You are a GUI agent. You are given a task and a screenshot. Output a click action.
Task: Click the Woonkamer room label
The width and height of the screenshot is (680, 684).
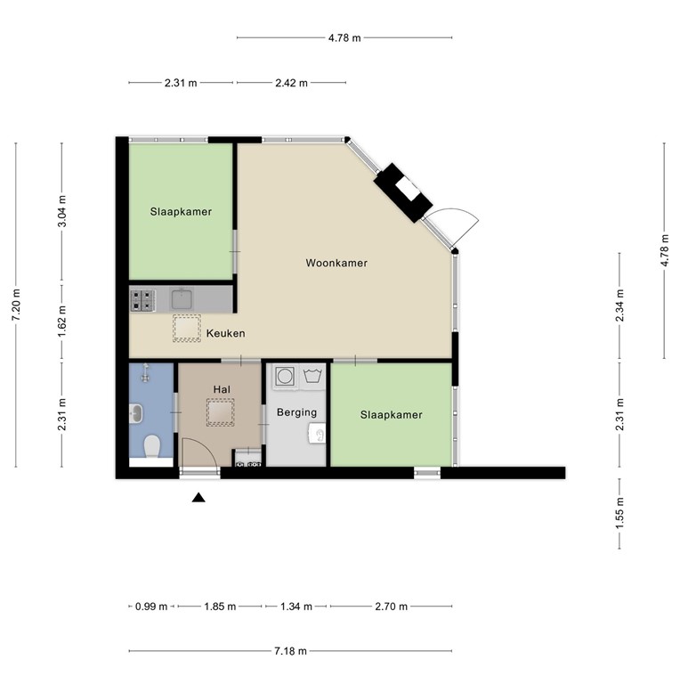(x=336, y=263)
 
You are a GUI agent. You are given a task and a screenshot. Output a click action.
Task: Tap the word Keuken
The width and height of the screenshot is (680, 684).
(x=225, y=333)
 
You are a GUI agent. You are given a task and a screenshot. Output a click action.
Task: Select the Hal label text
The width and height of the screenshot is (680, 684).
(x=222, y=389)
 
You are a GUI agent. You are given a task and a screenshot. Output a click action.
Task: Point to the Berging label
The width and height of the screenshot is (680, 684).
(x=296, y=412)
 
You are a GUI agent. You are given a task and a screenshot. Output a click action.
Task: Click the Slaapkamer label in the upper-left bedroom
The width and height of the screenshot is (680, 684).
(x=181, y=211)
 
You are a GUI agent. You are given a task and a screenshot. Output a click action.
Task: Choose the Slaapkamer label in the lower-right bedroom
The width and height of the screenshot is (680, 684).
(x=391, y=415)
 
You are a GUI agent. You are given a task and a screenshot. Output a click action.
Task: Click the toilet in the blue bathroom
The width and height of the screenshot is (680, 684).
(x=151, y=444)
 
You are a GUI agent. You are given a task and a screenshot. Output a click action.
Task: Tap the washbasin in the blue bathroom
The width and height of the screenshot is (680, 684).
(x=135, y=412)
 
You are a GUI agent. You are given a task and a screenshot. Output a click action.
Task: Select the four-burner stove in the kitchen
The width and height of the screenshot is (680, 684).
(x=142, y=299)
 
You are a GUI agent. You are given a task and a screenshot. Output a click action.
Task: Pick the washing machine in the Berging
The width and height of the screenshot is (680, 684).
(x=285, y=377)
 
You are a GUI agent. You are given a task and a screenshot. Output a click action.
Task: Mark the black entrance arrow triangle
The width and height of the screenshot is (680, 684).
(x=198, y=498)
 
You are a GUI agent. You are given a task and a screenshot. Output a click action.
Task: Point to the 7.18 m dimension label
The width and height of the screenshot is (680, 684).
(x=291, y=651)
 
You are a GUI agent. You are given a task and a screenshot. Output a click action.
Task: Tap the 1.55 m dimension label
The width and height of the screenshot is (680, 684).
(x=619, y=515)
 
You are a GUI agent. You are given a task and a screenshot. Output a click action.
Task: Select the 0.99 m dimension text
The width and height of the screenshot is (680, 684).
(x=151, y=607)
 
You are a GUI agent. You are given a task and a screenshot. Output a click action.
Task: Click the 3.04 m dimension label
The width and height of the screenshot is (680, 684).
(x=61, y=211)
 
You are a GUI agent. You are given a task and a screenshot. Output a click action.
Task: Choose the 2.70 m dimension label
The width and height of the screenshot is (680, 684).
(x=392, y=607)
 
